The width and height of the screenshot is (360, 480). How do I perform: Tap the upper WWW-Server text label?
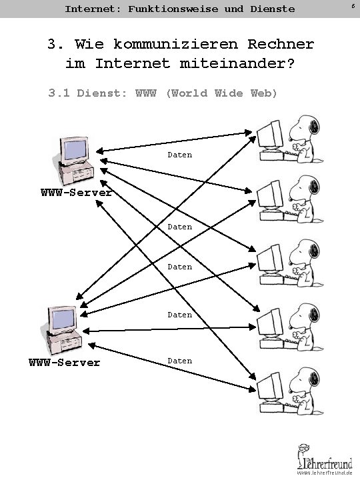pos(77,193)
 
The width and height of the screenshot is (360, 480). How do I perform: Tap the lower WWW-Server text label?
pos(64,363)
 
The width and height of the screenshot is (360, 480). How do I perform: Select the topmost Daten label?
pos(179,155)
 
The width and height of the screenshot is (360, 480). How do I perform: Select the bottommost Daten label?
pos(179,361)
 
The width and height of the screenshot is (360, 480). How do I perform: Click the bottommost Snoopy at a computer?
pos(306,384)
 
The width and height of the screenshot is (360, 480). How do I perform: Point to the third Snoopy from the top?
pos(306,262)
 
